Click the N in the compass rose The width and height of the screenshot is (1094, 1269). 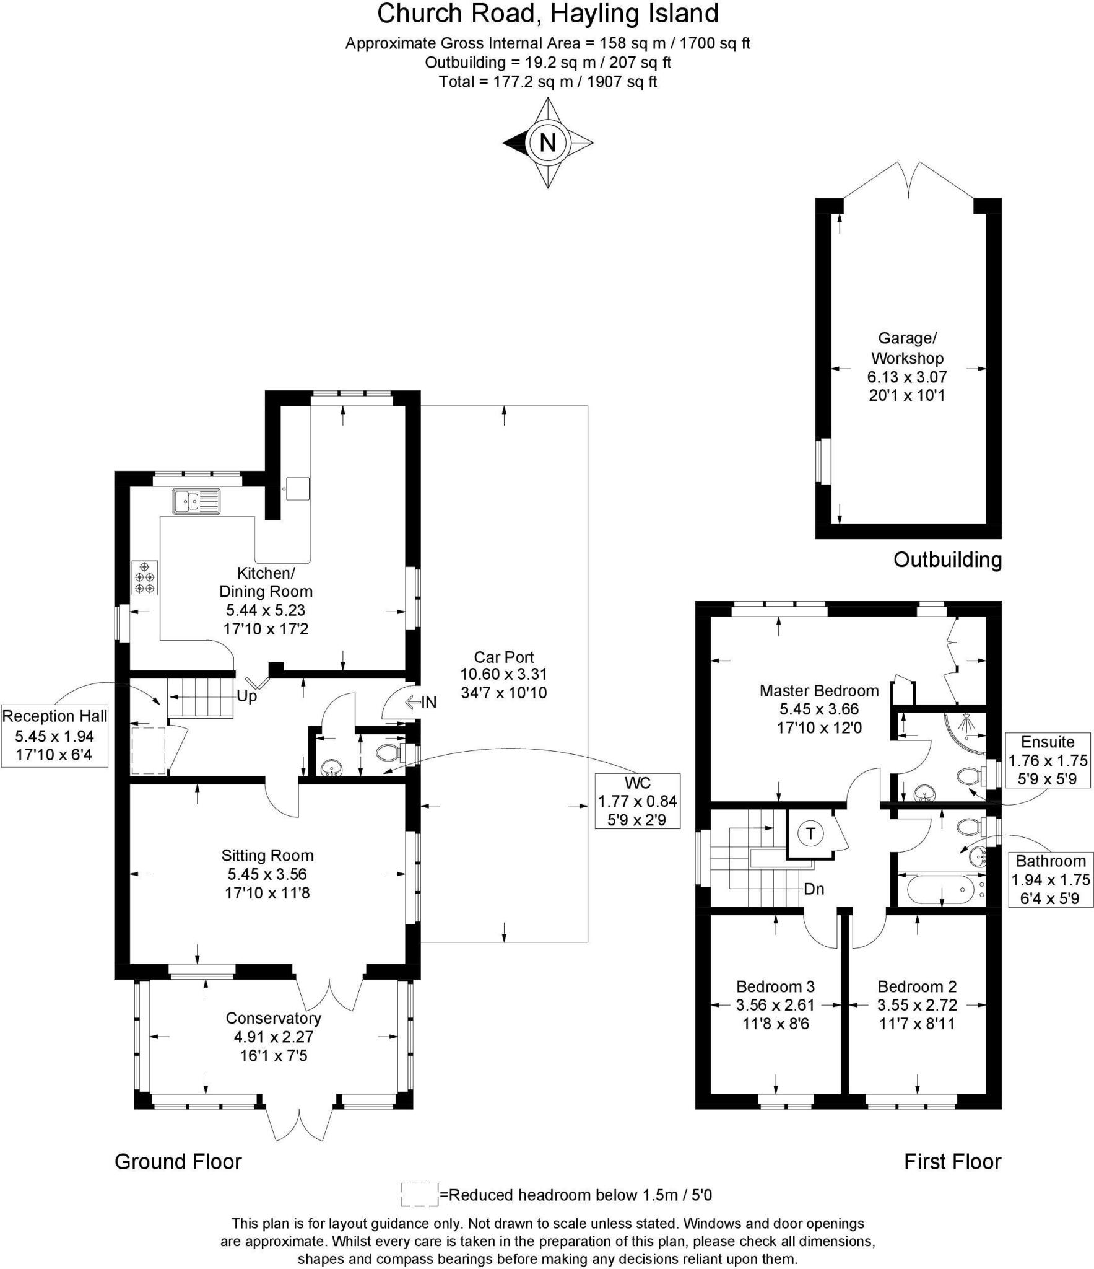[548, 143]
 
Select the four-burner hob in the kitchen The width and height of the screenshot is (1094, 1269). [145, 577]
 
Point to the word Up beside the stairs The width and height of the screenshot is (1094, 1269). [246, 696]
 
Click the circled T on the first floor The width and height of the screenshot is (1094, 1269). [810, 833]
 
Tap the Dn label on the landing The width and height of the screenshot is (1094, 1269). [814, 889]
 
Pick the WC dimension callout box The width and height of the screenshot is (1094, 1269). [637, 801]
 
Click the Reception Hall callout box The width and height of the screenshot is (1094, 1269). [54, 735]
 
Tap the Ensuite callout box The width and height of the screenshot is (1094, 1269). [1048, 760]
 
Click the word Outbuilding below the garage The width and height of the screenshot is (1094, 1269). [947, 560]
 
